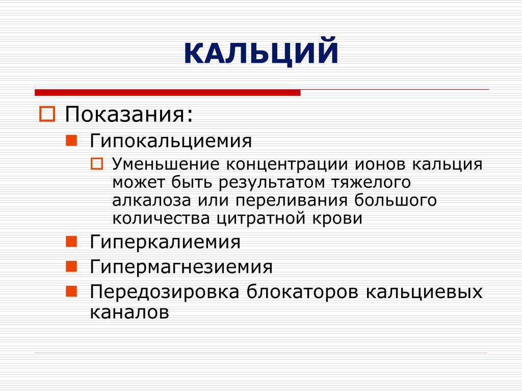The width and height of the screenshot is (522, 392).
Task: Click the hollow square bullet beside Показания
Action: [x=47, y=114]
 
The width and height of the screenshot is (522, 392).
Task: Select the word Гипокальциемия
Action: [x=170, y=141]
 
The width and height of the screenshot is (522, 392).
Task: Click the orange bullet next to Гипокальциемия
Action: [x=71, y=140]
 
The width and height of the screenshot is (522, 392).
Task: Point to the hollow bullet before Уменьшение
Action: [x=97, y=164]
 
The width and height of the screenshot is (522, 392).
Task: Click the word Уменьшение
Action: [x=166, y=164]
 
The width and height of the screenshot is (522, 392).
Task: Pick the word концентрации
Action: [x=287, y=164]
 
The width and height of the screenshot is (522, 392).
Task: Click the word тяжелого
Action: [x=371, y=183]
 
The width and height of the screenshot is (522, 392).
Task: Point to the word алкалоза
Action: [x=151, y=201]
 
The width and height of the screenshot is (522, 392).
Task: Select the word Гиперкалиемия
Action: [x=165, y=242]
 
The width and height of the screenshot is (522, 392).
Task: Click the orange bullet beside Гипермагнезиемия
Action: [x=71, y=266]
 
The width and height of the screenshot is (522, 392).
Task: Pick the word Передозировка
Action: [x=165, y=291]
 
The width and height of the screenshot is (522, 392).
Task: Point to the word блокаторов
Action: [x=302, y=291]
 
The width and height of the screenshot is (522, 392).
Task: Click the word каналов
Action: [x=129, y=312]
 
